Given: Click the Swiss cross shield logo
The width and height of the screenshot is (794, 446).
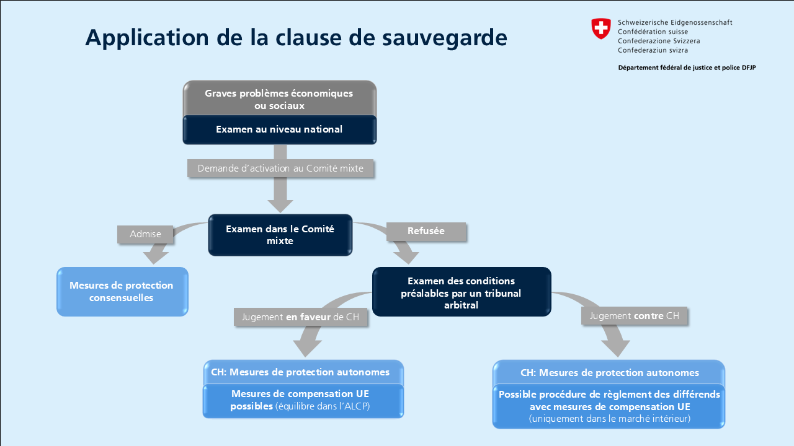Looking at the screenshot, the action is click(601, 28).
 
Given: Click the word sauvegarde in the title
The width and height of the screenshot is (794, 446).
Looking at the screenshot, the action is click(445, 38).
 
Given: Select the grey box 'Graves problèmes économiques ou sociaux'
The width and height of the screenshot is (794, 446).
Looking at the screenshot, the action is click(279, 98).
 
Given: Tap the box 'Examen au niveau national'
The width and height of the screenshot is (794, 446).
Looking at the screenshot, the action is click(279, 129).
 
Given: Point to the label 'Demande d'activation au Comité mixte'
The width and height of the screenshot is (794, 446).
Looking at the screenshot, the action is click(280, 168).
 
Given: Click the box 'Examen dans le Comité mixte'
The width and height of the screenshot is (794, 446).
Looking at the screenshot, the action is click(280, 235).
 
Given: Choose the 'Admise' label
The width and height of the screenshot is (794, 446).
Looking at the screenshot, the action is click(145, 234).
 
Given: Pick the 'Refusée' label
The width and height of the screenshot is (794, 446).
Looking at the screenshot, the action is click(426, 231).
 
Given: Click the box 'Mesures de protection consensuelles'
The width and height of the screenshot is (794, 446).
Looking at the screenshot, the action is click(122, 292).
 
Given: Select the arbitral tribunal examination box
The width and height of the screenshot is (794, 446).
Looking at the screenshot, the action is click(462, 292).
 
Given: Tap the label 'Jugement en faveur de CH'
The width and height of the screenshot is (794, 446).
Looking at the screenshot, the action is click(301, 317).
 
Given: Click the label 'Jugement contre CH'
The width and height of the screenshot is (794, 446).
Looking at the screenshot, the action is click(634, 316).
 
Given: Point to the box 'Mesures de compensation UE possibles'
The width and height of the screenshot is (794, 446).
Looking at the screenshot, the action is click(303, 401).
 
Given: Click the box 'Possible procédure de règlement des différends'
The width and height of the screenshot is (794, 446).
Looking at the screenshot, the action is click(609, 406).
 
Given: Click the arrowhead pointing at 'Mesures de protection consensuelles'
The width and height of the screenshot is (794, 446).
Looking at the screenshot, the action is click(155, 258).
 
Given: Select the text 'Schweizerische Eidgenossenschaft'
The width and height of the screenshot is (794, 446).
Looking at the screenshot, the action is click(675, 23).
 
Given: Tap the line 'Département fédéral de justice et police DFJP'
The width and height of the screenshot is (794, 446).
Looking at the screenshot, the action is click(687, 68).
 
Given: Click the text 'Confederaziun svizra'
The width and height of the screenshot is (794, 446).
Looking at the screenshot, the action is click(653, 50).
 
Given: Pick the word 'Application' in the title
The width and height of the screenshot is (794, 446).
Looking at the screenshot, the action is click(147, 38).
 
